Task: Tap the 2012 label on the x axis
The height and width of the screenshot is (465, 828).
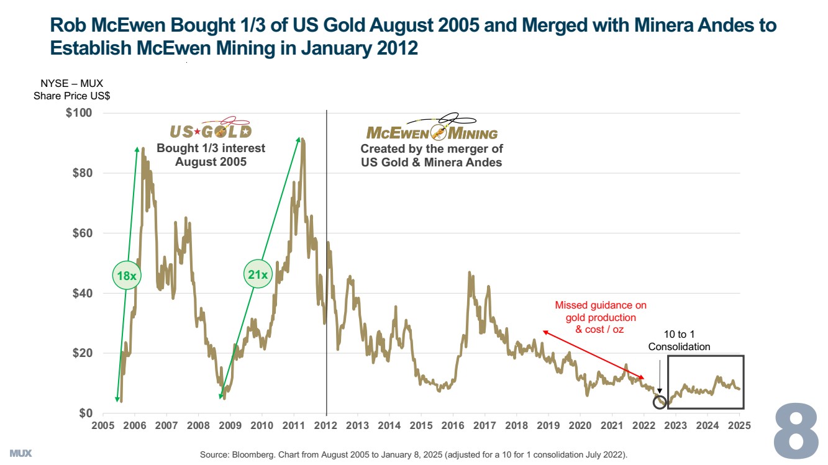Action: (x=325, y=425)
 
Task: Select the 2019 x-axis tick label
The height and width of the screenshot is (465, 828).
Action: (x=548, y=425)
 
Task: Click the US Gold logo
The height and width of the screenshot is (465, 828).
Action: (x=211, y=130)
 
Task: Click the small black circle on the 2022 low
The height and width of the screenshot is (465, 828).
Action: (x=660, y=402)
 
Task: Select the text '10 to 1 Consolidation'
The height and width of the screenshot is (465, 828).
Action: (x=679, y=341)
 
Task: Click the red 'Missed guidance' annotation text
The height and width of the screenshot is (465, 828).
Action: (x=600, y=317)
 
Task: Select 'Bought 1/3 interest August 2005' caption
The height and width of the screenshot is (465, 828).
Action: (x=211, y=155)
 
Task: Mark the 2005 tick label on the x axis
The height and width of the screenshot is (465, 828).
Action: (x=102, y=425)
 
